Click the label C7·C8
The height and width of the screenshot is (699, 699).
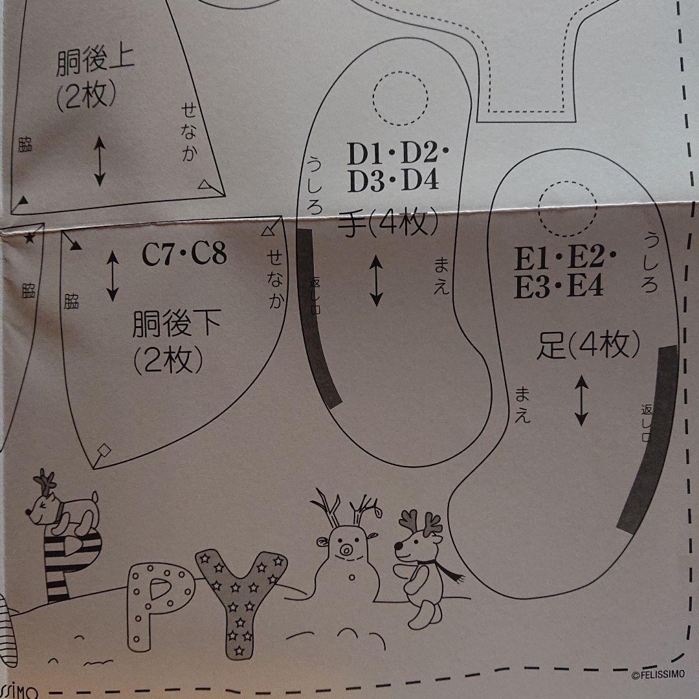pyautogui.click(x=184, y=254)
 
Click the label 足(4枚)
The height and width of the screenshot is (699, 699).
pyautogui.click(x=588, y=345)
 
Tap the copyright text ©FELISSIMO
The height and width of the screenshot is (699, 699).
pyautogui.click(x=658, y=674)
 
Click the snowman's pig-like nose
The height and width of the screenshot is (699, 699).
pyautogui.click(x=345, y=549)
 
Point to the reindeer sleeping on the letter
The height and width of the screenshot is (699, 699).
pyautogui.click(x=62, y=508)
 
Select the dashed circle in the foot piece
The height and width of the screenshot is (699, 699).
pyautogui.click(x=567, y=208)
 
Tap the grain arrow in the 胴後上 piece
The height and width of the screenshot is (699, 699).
pyautogui.click(x=100, y=161)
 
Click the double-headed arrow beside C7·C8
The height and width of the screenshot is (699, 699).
pyautogui.click(x=113, y=276)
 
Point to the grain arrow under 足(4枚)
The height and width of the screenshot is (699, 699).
pyautogui.click(x=581, y=401)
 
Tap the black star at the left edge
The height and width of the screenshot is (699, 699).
pyautogui.click(x=29, y=238)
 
